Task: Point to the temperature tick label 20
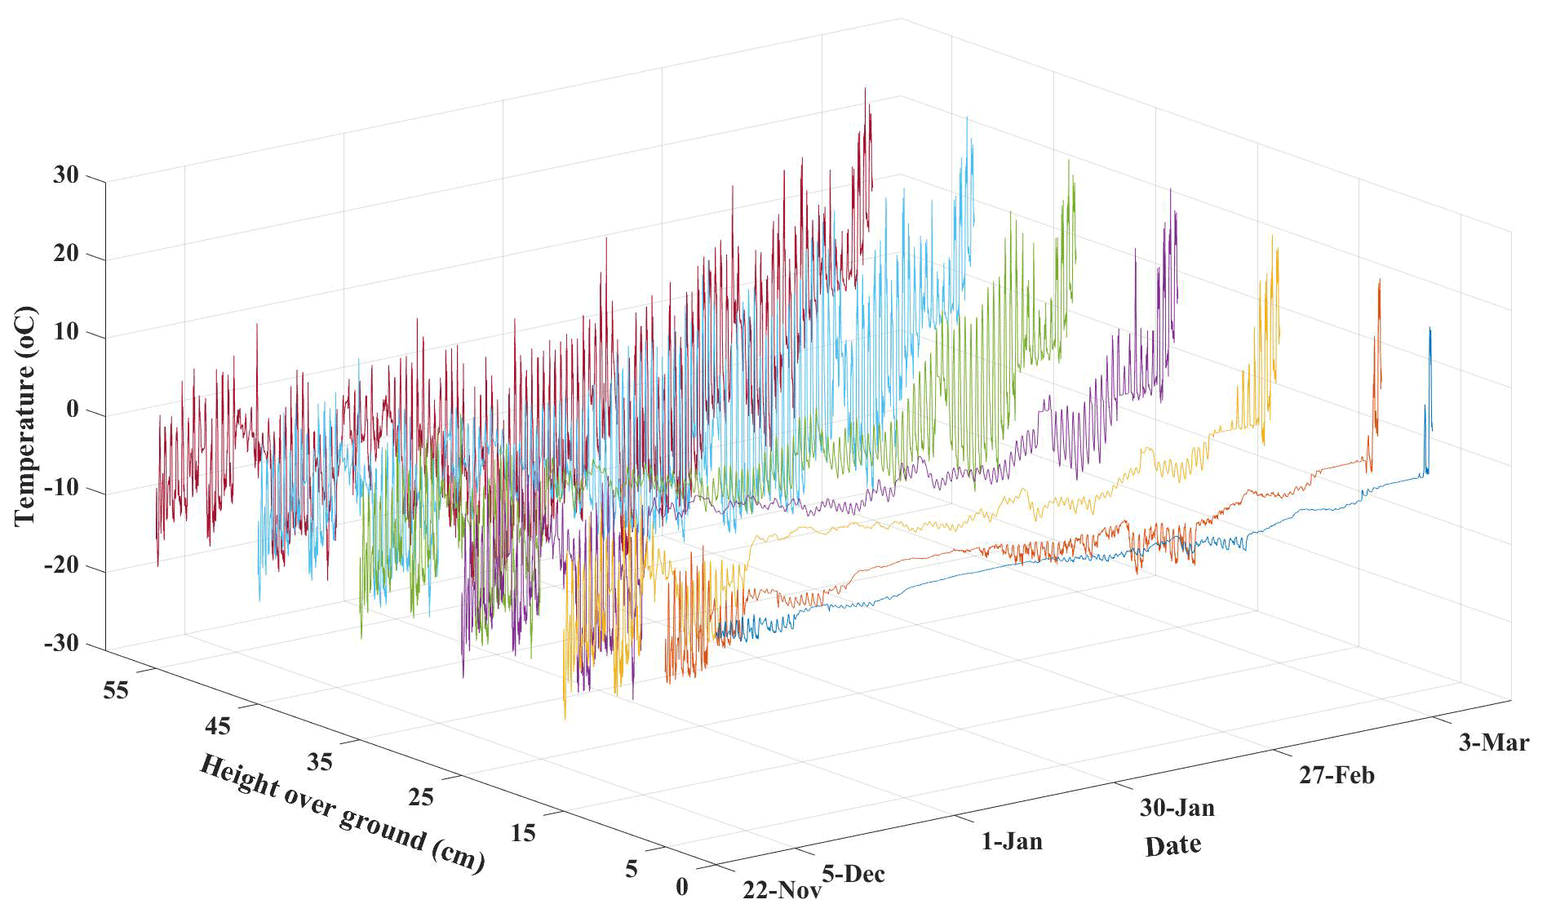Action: tap(66, 254)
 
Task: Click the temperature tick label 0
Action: tap(73, 410)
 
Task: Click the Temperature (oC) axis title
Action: tap(25, 415)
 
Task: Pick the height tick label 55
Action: tap(117, 689)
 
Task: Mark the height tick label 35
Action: tap(320, 761)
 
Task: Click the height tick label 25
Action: tap(420, 796)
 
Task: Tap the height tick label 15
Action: tap(524, 833)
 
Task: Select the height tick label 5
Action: tap(632, 869)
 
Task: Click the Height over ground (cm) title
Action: tap(342, 813)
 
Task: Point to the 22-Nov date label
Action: tap(782, 889)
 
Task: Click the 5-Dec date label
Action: tap(853, 874)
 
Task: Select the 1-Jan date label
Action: tap(1012, 840)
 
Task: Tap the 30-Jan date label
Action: tap(1177, 808)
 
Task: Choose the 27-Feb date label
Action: tap(1336, 774)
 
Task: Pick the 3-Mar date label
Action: tap(1493, 742)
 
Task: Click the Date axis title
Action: tap(1172, 845)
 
